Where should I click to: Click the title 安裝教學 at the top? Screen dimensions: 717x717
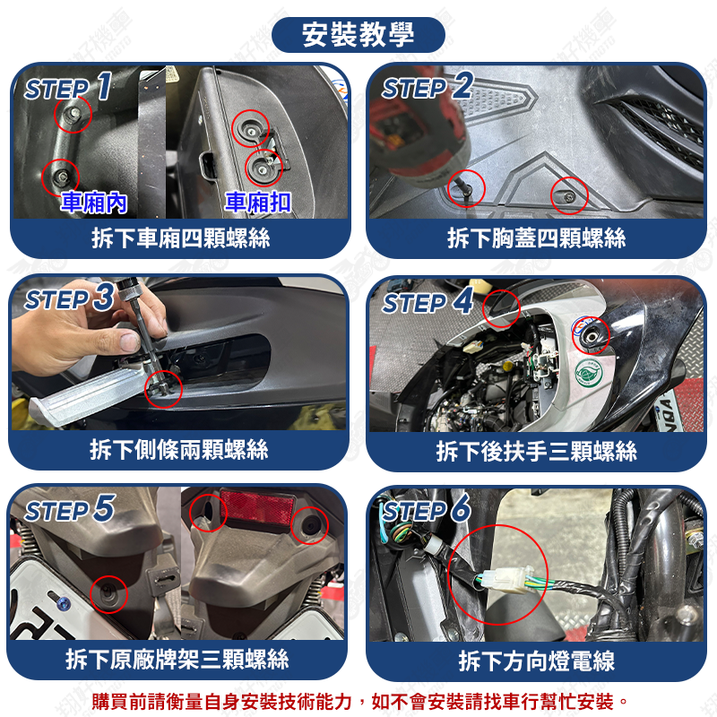358,35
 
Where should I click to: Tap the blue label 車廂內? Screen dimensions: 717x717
94,203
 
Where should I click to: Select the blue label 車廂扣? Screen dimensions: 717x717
258,202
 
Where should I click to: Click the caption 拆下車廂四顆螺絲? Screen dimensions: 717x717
181,238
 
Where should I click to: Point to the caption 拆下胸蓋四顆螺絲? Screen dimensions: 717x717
536,238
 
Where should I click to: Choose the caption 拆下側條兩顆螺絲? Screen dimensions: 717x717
178,450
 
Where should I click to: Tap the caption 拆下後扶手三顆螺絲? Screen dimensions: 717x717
536,452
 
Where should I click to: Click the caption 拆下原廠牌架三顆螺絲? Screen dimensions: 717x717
177,660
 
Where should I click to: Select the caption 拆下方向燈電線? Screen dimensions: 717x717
536,661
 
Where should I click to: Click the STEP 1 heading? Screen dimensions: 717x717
68,87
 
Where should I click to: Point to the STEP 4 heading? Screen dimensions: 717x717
428,302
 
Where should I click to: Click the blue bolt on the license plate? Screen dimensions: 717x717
63,603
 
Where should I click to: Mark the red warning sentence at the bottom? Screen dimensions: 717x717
360,701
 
